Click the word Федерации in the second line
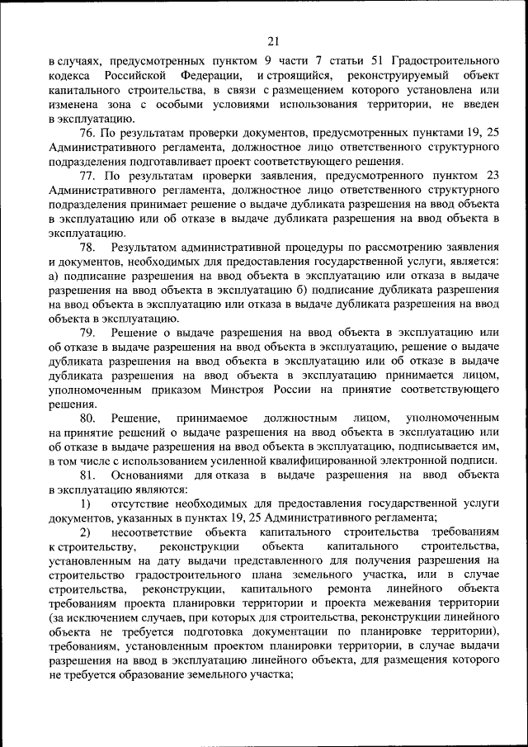click(206, 76)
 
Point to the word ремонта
click(357, 589)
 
